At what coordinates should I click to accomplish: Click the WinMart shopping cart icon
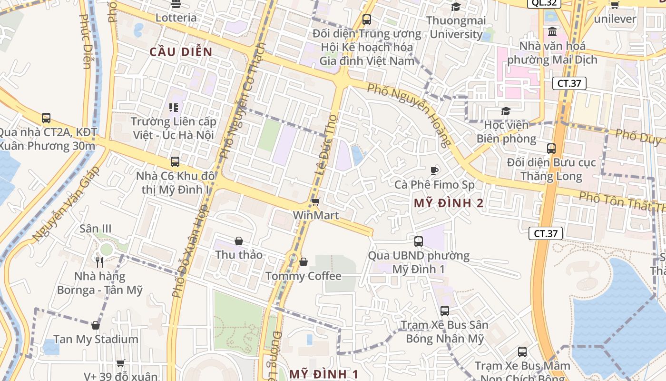[315, 202]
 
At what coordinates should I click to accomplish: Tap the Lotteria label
[176, 18]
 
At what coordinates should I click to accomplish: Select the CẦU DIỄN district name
[181, 52]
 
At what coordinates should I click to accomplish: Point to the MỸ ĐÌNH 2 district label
[449, 203]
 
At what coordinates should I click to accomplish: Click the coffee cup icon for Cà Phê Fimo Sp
[434, 170]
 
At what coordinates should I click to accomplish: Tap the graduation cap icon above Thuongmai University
[456, 7]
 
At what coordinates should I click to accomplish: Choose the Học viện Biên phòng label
[506, 132]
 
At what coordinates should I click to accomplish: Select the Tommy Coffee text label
[304, 276]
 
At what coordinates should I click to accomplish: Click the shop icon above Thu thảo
[239, 241]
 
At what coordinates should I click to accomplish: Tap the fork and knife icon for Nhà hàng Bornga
[99, 262]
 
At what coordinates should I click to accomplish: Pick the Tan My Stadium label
[96, 340]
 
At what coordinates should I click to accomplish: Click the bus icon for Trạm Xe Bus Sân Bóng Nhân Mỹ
[445, 311]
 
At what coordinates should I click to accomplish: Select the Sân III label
[96, 229]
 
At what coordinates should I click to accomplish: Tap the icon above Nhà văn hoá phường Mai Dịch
[553, 32]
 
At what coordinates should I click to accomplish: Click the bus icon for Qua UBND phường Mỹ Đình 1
[419, 241]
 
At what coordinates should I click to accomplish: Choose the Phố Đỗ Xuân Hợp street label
[190, 250]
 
